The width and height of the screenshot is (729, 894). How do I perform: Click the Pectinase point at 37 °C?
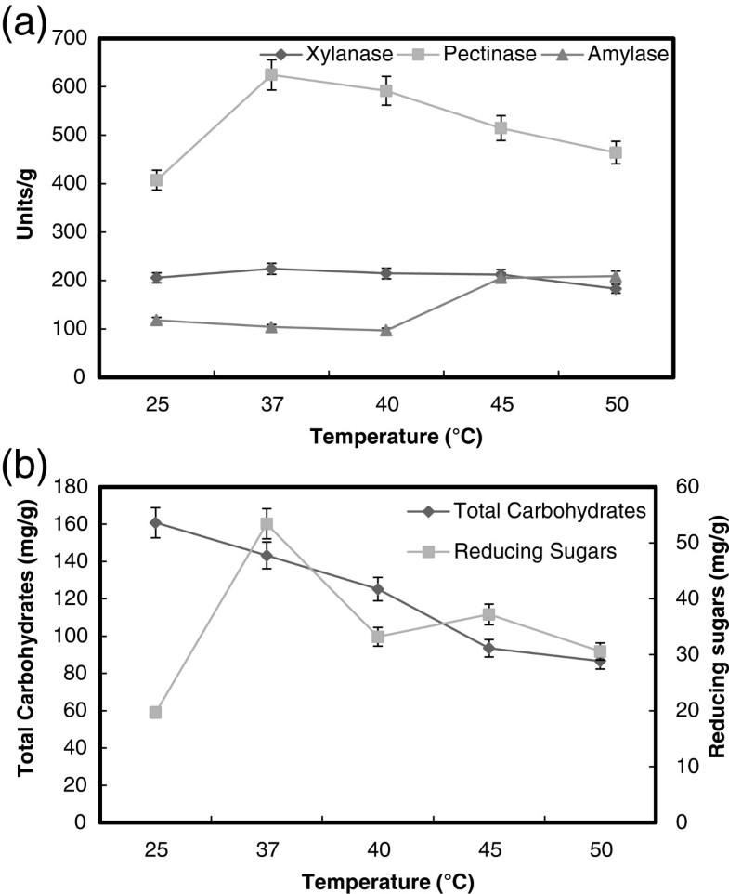click(271, 74)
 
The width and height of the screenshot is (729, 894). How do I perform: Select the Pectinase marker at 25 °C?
click(156, 180)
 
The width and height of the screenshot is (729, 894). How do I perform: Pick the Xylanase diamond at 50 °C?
click(616, 288)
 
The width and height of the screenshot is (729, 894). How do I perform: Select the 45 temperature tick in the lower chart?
click(501, 848)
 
